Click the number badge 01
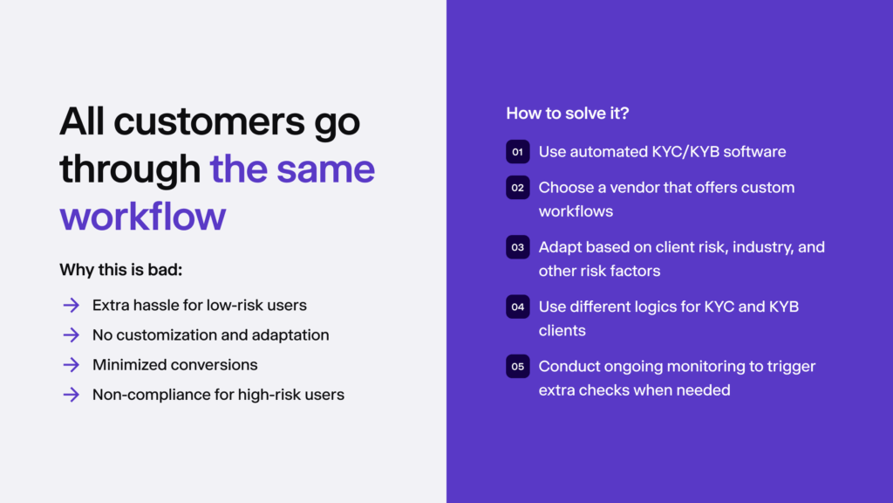517,152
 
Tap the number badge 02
517,188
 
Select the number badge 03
517,247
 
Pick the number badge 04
517,307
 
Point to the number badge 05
517,367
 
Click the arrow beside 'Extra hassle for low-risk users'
71,306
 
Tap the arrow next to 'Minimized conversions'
71,365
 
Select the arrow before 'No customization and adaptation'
71,335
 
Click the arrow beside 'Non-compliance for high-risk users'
71,395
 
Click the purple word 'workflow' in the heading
142,216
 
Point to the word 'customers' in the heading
207,122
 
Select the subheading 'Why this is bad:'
120,269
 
